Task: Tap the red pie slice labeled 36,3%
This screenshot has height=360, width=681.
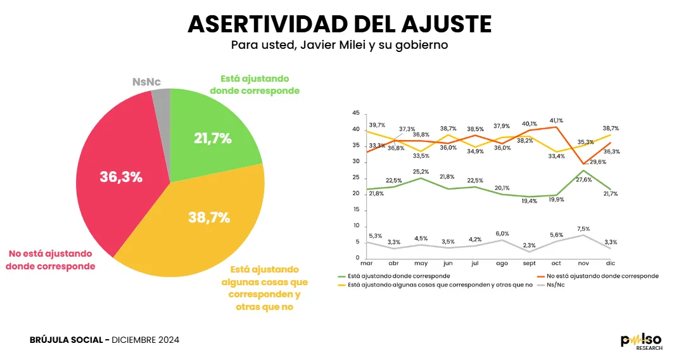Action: point(120,177)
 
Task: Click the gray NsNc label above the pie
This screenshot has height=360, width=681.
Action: point(146,82)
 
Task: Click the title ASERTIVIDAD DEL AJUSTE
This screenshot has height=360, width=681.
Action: point(340,24)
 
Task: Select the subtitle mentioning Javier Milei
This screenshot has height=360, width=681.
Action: point(340,46)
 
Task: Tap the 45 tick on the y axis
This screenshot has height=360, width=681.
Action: point(355,113)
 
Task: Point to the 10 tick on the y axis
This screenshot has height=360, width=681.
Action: point(355,226)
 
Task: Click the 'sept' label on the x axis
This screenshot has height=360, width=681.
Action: point(530,264)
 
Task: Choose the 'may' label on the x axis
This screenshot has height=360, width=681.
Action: point(421,264)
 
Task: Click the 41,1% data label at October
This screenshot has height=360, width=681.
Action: point(557,120)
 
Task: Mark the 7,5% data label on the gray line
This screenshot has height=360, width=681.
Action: point(583,229)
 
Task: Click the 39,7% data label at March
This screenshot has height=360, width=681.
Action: point(378,125)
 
